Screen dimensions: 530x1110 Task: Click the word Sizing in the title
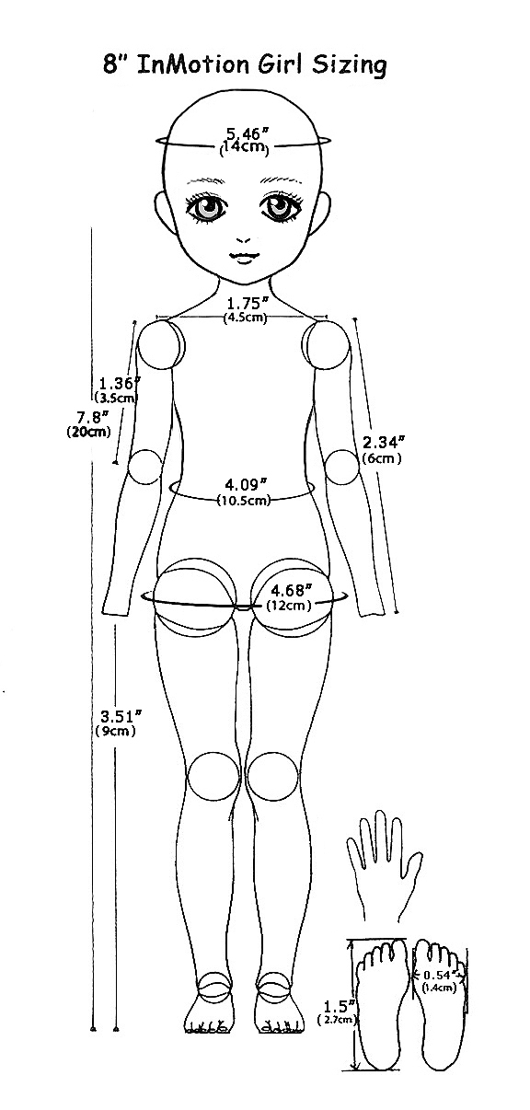point(349,65)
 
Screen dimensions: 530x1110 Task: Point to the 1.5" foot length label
point(340,1006)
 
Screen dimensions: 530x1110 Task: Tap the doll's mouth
point(243,258)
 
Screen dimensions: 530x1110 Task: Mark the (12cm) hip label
point(289,606)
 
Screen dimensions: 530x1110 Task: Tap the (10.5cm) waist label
point(244,501)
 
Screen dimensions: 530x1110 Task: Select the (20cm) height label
point(88,432)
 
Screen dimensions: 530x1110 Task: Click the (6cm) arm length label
point(382,458)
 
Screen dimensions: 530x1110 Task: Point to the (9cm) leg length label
point(115,731)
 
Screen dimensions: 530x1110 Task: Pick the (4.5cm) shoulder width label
point(245,318)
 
